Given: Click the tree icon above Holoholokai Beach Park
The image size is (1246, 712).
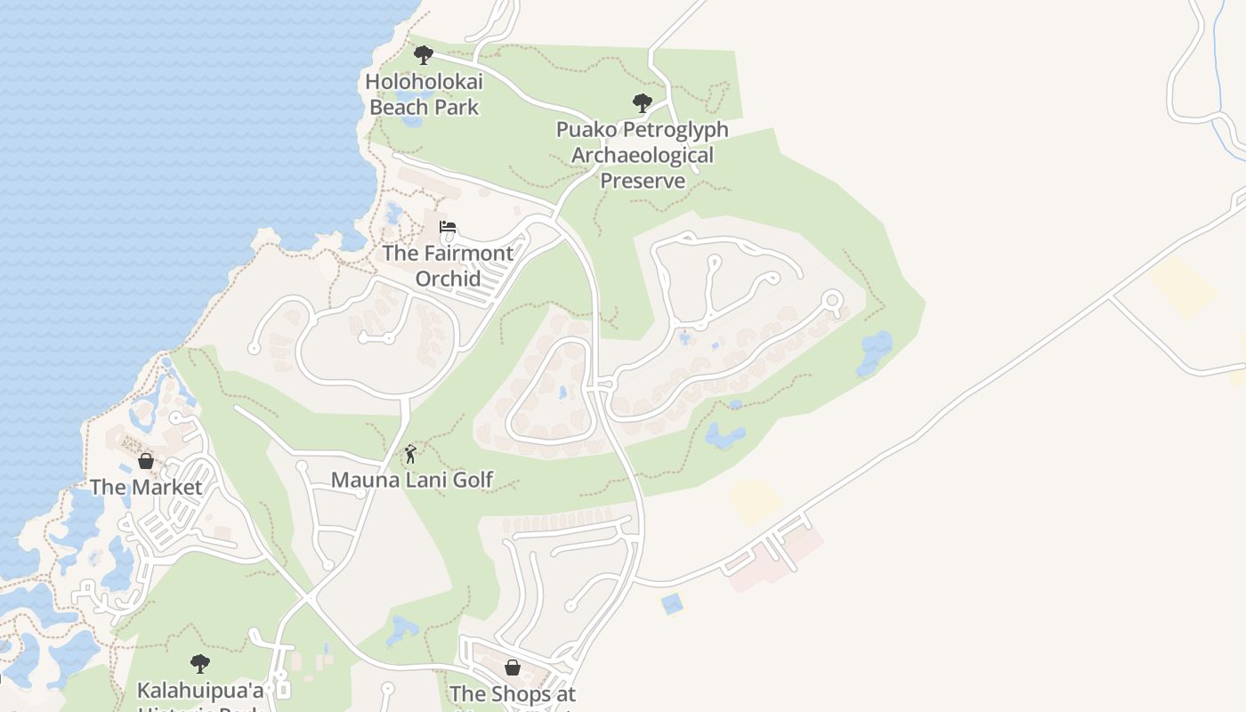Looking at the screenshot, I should (x=424, y=55).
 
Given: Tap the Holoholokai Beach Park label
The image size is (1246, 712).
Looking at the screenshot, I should (x=425, y=94).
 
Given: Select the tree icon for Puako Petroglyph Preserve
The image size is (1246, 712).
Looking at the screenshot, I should (x=642, y=103).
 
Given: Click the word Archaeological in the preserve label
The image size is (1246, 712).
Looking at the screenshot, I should (x=642, y=155).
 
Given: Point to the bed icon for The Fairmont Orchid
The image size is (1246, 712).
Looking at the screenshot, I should (x=448, y=227).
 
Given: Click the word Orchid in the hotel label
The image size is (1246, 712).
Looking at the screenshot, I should (x=448, y=279).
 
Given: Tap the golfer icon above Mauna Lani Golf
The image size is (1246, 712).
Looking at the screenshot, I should (x=410, y=454).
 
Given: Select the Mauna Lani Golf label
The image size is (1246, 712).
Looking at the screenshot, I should (x=412, y=480).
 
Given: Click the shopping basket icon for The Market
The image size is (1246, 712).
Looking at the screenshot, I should (x=146, y=461).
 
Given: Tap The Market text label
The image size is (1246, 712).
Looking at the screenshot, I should (x=146, y=487).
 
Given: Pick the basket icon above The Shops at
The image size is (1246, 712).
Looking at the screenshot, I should (x=513, y=667).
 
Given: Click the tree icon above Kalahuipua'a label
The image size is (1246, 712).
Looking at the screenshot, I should (x=200, y=663).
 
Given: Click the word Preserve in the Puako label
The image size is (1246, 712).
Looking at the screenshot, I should (x=643, y=181).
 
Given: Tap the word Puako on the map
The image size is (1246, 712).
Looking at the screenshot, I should (x=587, y=129).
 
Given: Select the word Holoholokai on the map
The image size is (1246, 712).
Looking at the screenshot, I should (x=425, y=82).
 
